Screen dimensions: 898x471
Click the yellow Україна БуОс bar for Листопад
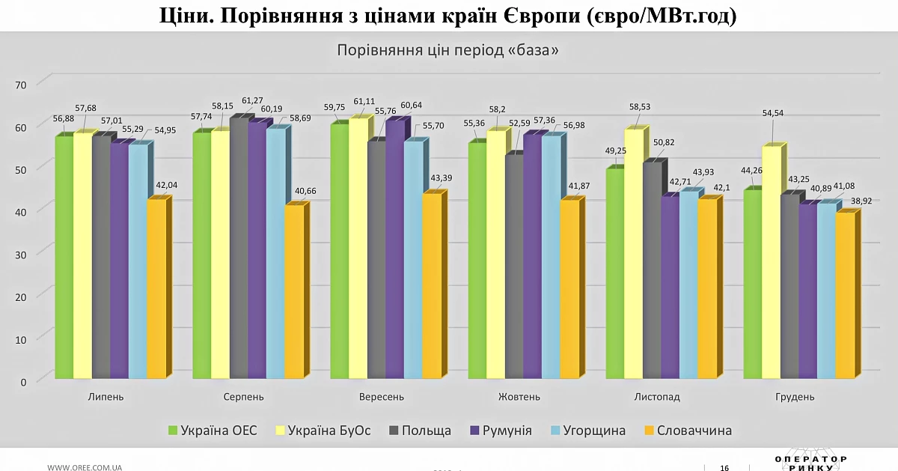(x=634, y=254)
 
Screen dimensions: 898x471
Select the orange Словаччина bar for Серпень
(x=295, y=292)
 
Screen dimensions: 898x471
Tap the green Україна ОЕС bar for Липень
(x=64, y=258)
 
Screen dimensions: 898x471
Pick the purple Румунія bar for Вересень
(x=395, y=249)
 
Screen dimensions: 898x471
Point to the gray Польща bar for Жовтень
(x=515, y=267)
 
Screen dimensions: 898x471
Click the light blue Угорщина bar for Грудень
(x=827, y=291)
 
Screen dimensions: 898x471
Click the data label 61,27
(x=252, y=100)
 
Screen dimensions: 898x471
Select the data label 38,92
(x=861, y=201)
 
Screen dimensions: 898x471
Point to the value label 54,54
(x=773, y=113)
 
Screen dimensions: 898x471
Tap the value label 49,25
(x=615, y=151)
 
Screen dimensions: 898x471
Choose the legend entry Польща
(x=420, y=431)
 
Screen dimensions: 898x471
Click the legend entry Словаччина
(x=688, y=431)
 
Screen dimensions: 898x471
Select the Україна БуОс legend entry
(x=323, y=431)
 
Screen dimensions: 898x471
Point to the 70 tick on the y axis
(x=21, y=85)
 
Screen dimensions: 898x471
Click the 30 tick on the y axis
(x=21, y=255)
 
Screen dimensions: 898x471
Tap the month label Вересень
(x=381, y=397)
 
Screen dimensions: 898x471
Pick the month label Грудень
(x=795, y=397)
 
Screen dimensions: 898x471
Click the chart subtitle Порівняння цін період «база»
(x=448, y=50)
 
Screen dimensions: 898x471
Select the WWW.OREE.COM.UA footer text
(x=85, y=467)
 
